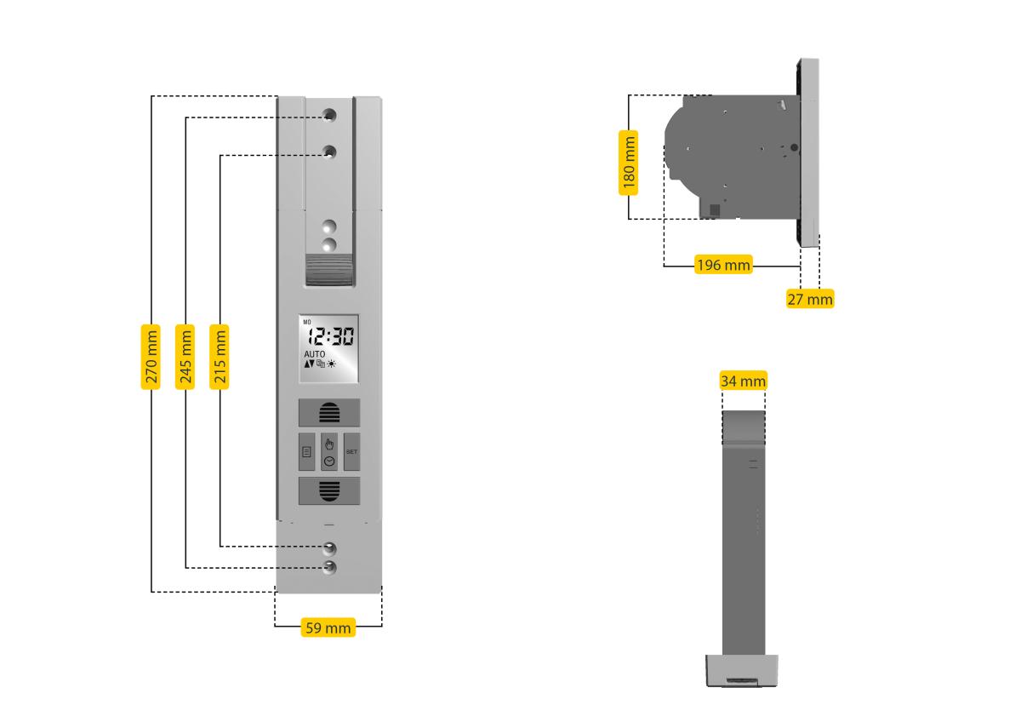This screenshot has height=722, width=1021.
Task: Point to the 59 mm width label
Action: (328, 628)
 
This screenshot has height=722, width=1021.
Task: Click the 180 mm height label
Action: (628, 162)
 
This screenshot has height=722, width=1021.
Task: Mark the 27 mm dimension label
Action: (809, 299)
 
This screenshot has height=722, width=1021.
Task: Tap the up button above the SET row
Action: (328, 414)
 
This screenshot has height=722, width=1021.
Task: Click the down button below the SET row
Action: (328, 491)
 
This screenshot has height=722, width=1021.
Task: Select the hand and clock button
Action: (329, 451)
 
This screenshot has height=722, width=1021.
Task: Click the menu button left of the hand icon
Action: (306, 451)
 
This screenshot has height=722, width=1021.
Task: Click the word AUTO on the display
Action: (315, 353)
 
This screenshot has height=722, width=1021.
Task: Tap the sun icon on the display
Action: (331, 364)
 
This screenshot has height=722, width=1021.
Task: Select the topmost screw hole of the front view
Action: (329, 115)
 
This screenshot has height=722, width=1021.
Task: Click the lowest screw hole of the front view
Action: (329, 567)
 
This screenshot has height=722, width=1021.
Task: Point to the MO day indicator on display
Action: (307, 322)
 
